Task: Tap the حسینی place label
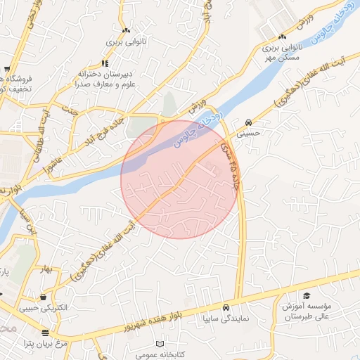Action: click(x=250, y=131)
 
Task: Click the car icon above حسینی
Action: click(x=250, y=120)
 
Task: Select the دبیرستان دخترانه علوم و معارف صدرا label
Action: click(x=105, y=79)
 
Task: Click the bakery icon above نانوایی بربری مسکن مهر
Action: click(x=282, y=37)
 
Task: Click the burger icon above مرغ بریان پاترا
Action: click(x=46, y=333)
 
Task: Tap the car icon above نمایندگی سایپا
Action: click(x=226, y=307)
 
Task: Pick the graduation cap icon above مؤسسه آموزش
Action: click(x=307, y=296)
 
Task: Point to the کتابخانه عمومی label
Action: click(x=160, y=355)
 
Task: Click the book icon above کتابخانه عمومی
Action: click(x=160, y=345)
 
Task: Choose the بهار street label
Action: click(x=47, y=269)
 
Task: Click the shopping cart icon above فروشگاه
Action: click(x=7, y=69)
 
